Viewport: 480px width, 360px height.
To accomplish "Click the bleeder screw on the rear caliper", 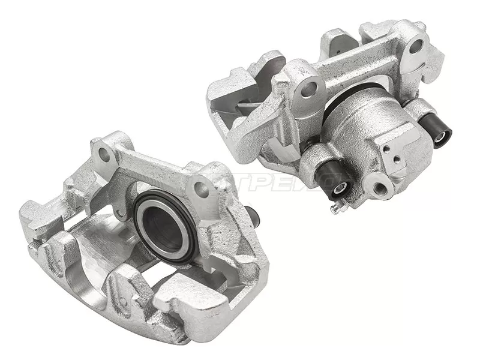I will tap(334, 208).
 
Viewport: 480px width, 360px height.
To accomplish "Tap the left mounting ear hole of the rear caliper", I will tap(308, 90).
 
